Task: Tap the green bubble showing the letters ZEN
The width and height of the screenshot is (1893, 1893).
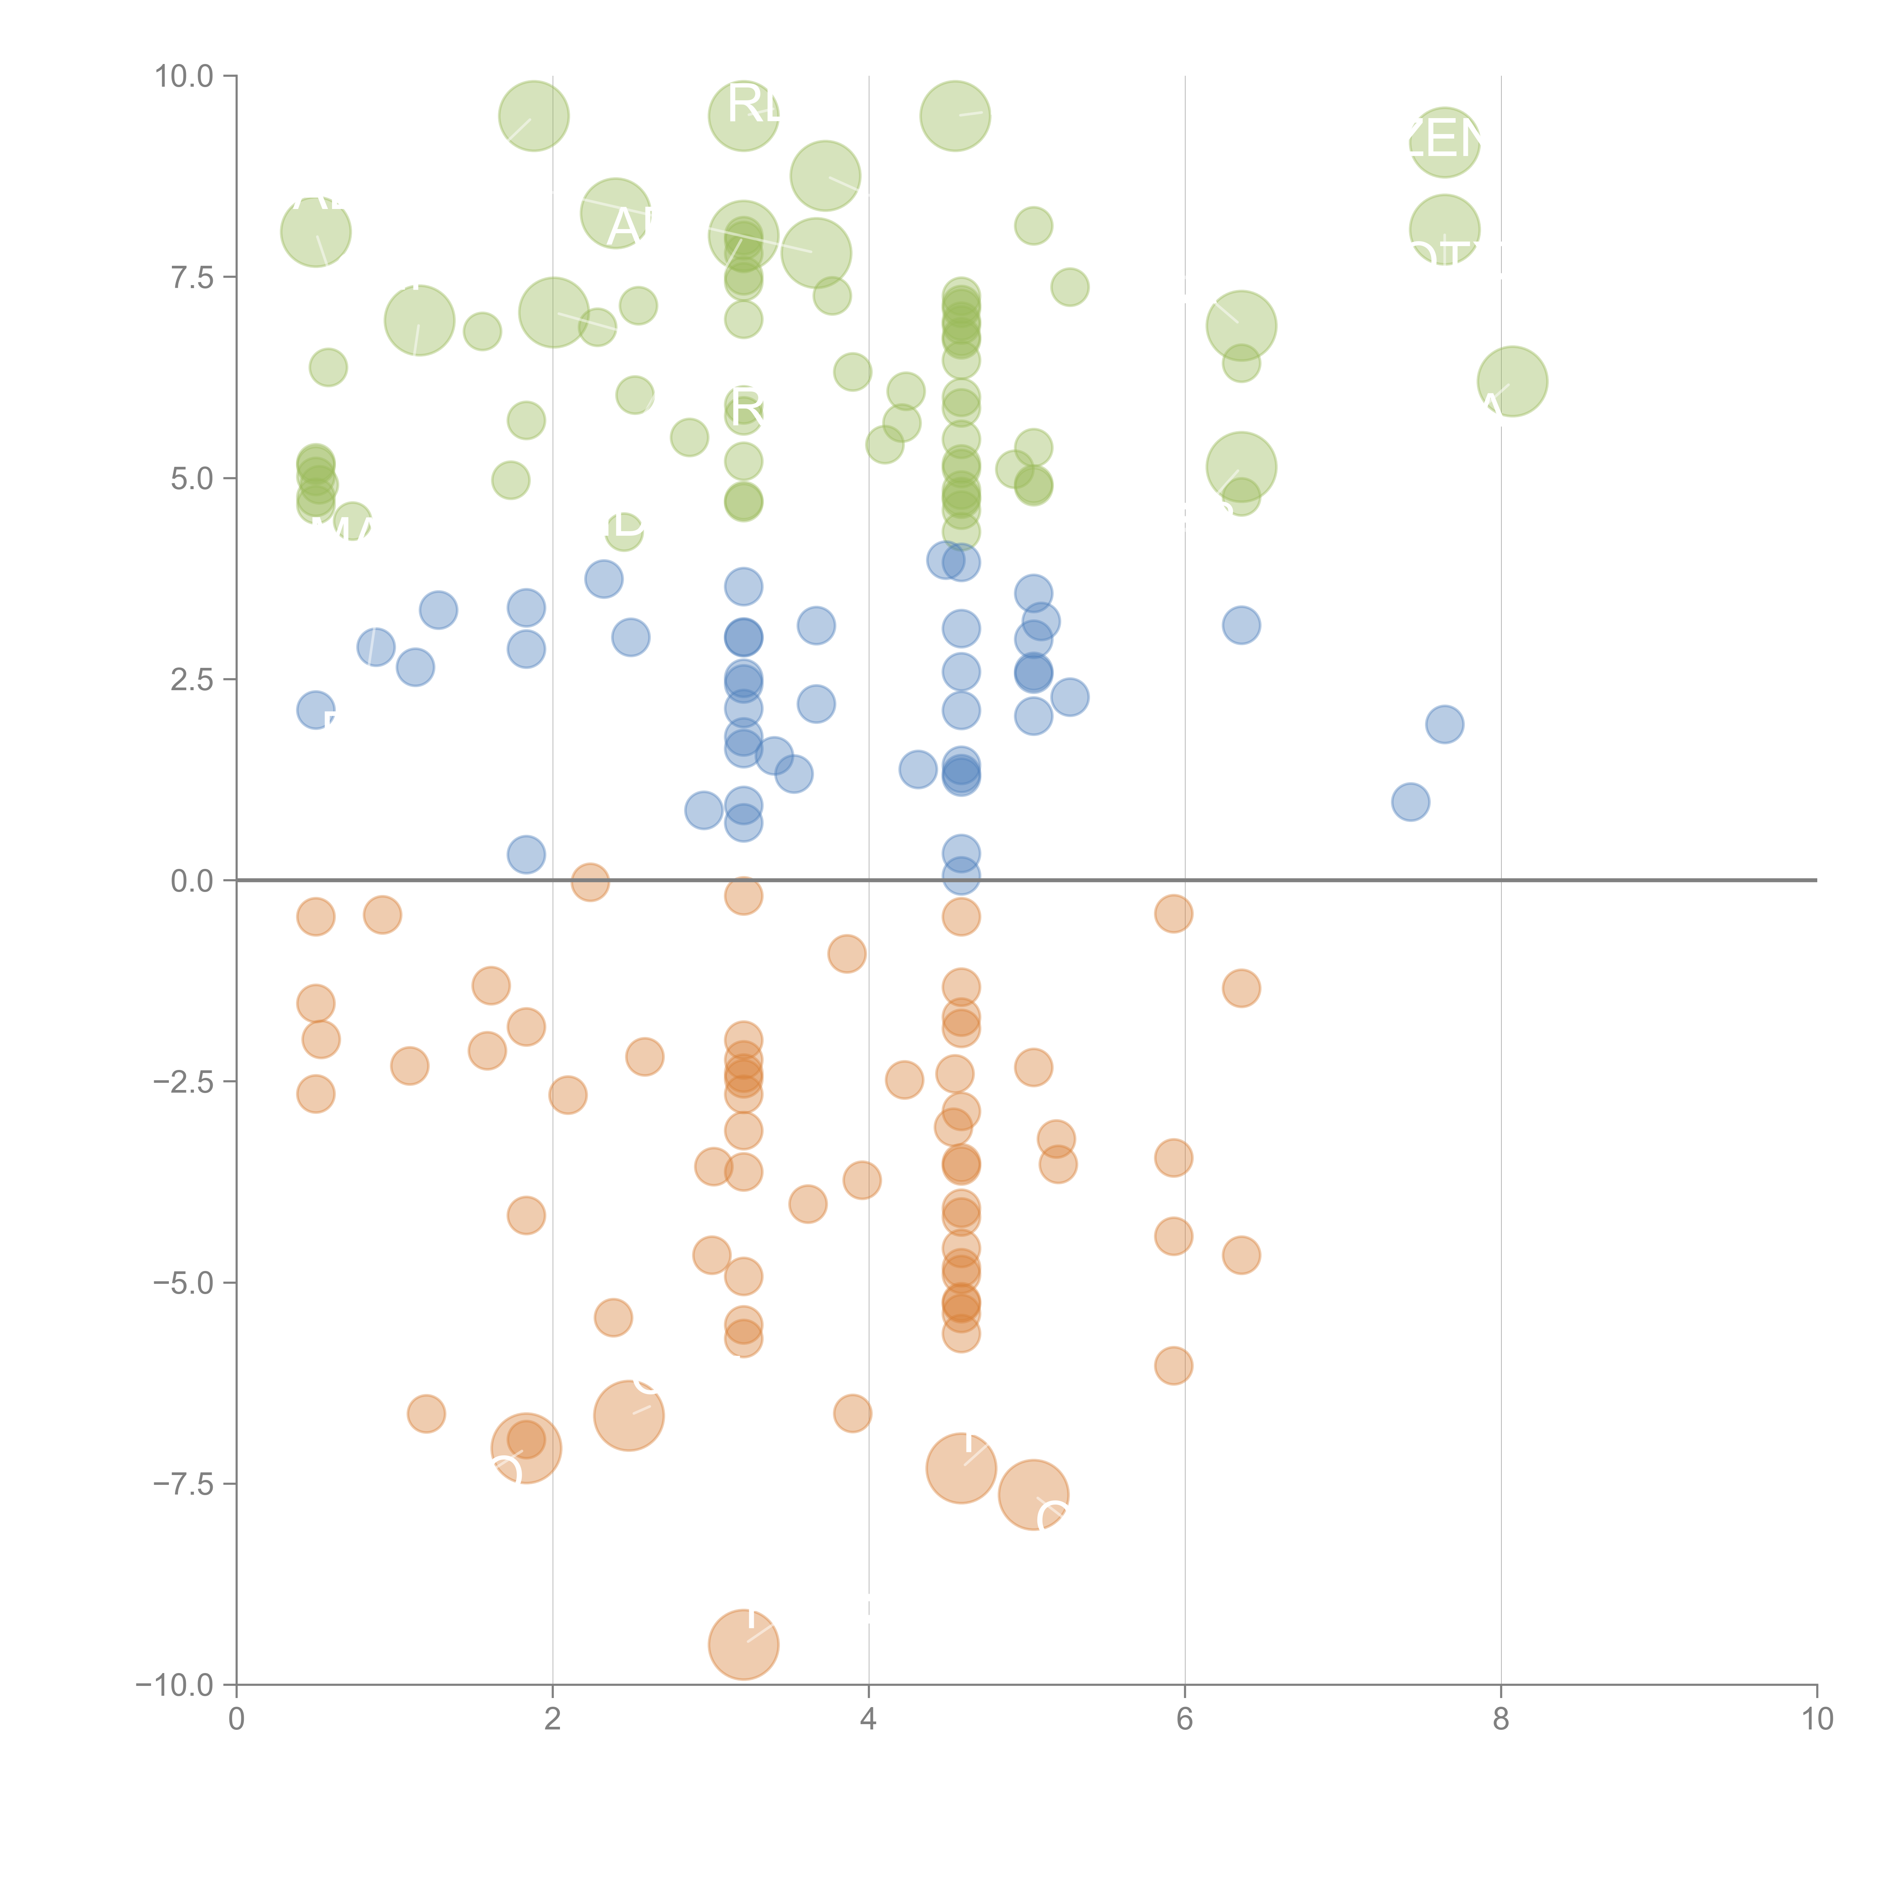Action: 1444,143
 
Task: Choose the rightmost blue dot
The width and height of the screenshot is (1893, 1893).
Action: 1444,724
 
